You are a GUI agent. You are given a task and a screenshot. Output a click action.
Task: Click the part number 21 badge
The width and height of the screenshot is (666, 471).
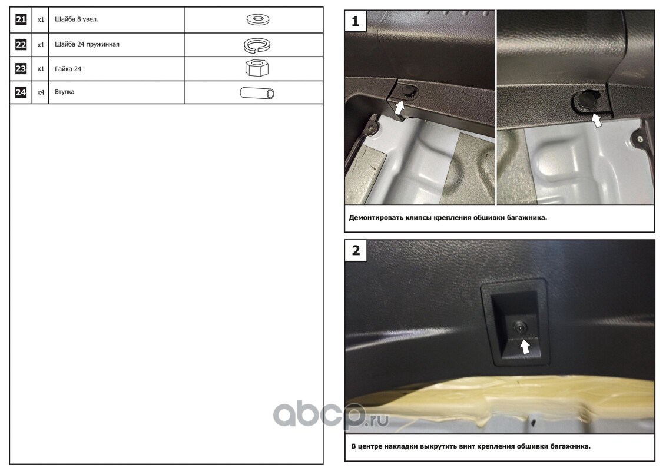21,19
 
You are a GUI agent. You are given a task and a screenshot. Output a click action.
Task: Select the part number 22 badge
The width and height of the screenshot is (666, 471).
21,45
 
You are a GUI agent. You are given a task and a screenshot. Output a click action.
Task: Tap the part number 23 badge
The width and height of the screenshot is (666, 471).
21,69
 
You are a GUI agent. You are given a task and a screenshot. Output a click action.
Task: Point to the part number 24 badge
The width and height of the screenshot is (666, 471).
21,92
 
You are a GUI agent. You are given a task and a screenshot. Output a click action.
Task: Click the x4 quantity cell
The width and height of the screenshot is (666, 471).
41,92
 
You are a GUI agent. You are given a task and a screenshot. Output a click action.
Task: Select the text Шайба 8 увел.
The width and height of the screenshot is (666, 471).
77,19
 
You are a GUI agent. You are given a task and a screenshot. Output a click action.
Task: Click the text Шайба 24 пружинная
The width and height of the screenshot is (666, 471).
87,44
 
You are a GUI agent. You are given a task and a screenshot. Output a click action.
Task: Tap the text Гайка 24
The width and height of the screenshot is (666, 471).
68,69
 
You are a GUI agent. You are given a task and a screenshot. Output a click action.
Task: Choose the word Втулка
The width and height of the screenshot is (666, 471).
65,92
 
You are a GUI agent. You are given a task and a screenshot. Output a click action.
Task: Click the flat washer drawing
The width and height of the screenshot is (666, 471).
258,19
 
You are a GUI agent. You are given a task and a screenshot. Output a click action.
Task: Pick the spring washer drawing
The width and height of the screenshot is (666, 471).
257,45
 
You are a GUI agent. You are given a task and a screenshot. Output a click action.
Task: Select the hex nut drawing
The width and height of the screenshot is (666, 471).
257,68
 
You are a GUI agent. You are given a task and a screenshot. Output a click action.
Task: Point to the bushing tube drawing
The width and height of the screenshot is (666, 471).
257,93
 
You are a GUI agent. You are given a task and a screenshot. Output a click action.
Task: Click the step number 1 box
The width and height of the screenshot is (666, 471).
356,21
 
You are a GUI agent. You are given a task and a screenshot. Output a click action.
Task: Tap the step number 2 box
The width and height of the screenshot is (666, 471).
356,250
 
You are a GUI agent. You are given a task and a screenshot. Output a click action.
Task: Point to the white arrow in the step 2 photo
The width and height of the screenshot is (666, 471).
525,347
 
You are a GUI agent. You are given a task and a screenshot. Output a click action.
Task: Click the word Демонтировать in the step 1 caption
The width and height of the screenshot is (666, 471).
376,218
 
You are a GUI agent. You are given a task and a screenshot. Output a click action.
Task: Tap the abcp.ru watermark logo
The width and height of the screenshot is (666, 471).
330,414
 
